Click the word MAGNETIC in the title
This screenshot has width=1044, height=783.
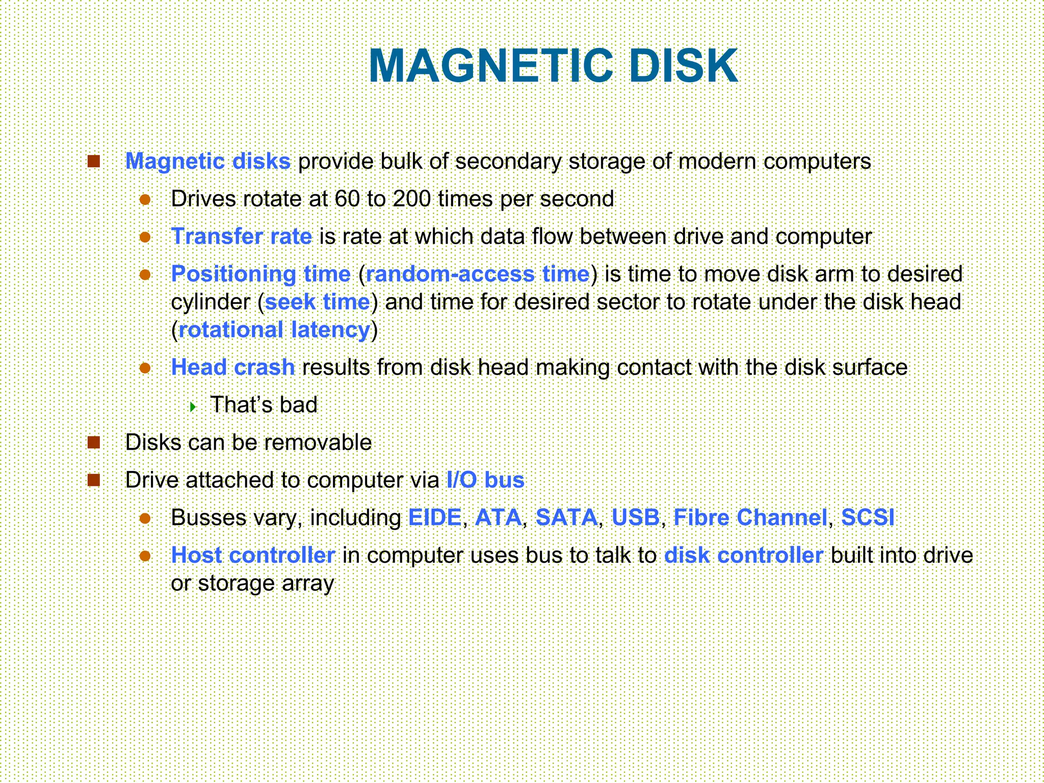(x=490, y=66)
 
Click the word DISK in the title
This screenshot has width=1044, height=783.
(x=683, y=66)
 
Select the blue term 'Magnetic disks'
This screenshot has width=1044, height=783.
(x=208, y=162)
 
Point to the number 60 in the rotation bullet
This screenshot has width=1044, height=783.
(x=347, y=199)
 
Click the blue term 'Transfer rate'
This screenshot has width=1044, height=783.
(x=242, y=237)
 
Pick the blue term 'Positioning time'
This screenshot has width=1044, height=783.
(x=261, y=274)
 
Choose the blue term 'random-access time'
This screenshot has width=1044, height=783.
(x=478, y=274)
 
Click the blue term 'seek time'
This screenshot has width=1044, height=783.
(x=318, y=302)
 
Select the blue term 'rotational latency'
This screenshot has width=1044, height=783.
(x=274, y=330)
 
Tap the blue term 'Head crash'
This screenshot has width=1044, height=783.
(x=233, y=368)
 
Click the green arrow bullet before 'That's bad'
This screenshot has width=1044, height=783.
(x=193, y=407)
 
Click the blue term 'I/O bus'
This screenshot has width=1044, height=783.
(x=485, y=480)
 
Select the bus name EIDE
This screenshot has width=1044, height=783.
(x=435, y=518)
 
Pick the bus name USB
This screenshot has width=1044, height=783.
(x=635, y=518)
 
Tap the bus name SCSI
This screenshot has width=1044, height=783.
(x=867, y=518)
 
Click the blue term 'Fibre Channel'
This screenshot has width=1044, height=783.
(x=750, y=518)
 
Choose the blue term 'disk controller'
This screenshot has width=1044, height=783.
(x=744, y=556)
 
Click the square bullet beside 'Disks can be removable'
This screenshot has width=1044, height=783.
(x=94, y=442)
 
